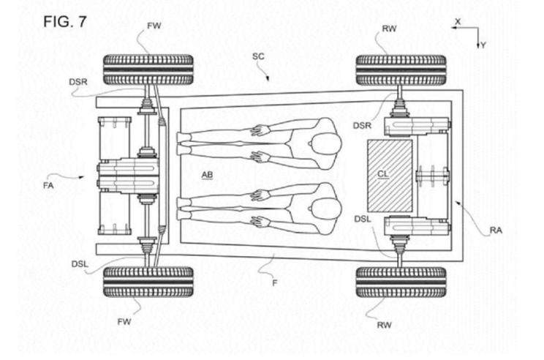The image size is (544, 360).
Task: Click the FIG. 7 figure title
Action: click(64, 21)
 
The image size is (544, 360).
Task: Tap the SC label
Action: click(258, 56)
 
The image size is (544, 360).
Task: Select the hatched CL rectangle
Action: click(390, 176)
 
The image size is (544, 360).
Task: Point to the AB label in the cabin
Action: click(207, 175)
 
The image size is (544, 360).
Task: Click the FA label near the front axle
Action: click(48, 185)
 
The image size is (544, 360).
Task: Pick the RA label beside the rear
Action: click(496, 230)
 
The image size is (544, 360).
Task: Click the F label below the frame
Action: click(275, 283)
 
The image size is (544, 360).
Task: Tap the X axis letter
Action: click(458, 21)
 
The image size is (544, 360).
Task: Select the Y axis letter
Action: click(483, 45)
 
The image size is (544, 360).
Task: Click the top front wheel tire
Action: click(148, 70)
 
